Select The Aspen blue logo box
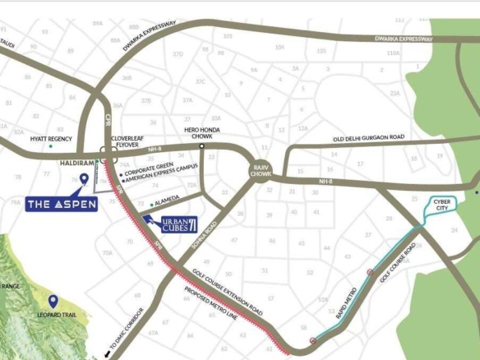click(61, 202)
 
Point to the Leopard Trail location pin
click(53, 302)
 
